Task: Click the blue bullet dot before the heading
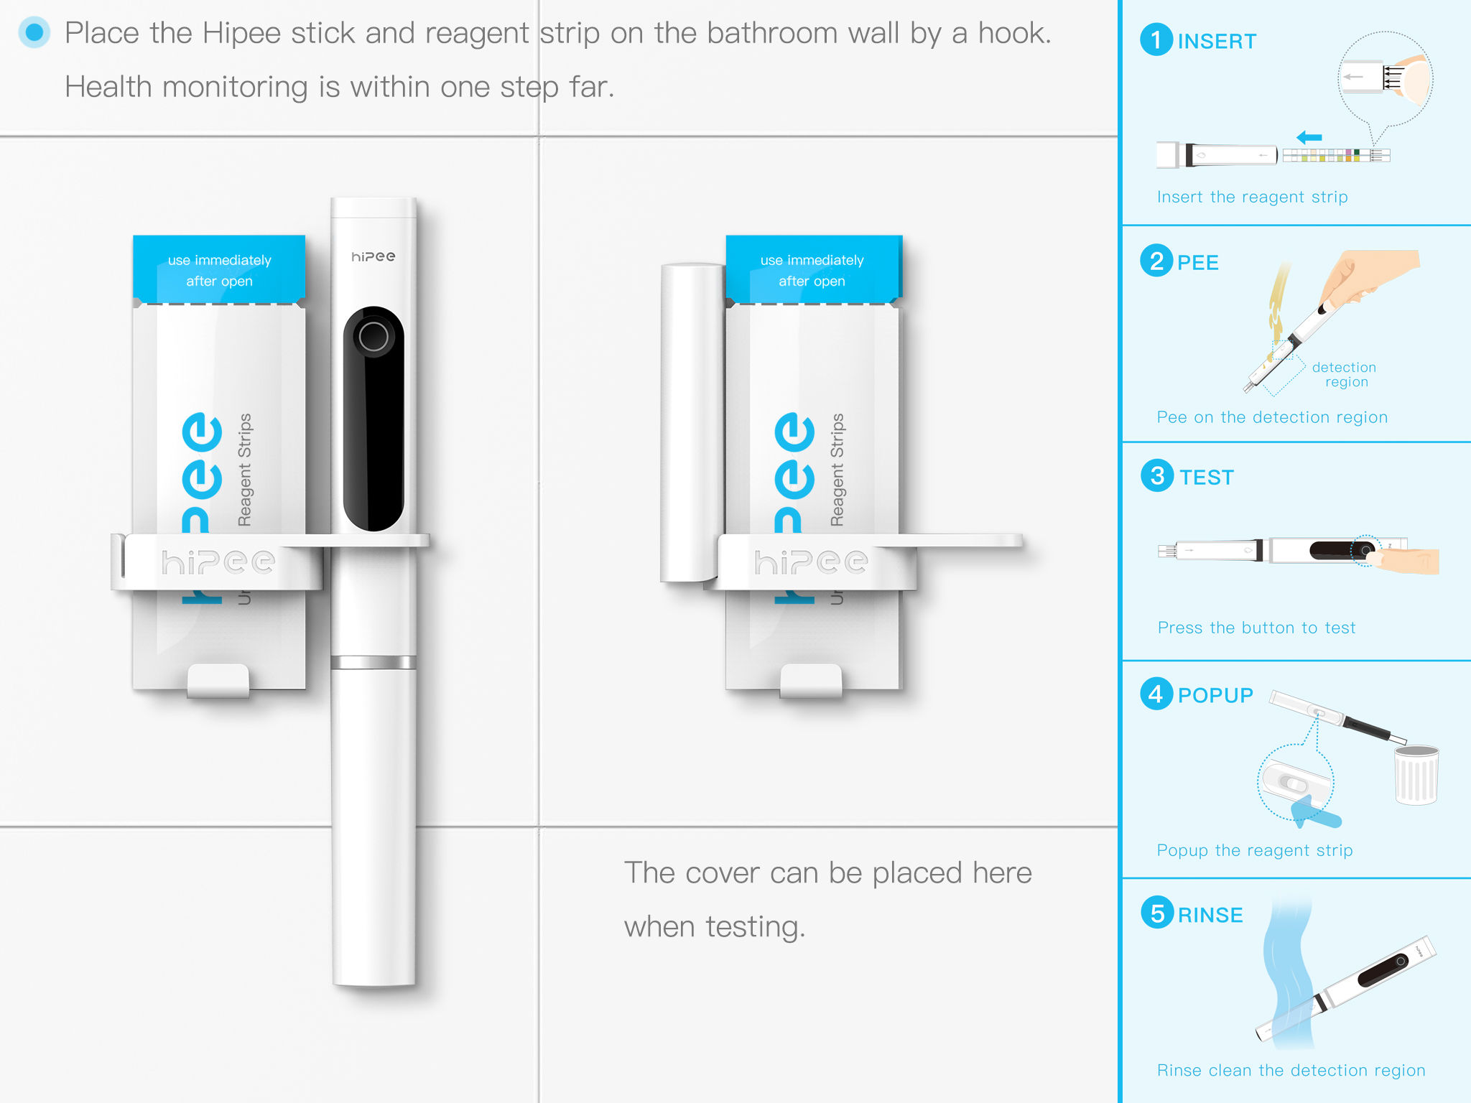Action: click(x=34, y=32)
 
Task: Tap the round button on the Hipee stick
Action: click(x=373, y=336)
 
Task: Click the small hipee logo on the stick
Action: click(x=373, y=256)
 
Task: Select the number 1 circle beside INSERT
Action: click(x=1156, y=39)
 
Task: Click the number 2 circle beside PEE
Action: click(x=1156, y=261)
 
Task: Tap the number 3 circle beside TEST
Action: click(x=1157, y=475)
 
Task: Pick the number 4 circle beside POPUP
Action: click(x=1156, y=694)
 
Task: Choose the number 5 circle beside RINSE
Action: click(x=1157, y=913)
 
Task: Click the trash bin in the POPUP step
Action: click(x=1416, y=775)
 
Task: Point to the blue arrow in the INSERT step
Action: click(x=1309, y=137)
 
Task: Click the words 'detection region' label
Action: click(x=1344, y=374)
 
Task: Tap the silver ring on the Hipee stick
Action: click(x=373, y=662)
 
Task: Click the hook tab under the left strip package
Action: click(x=218, y=681)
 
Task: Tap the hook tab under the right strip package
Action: click(x=811, y=681)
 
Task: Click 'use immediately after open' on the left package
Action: click(x=220, y=271)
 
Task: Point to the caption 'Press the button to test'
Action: click(x=1256, y=628)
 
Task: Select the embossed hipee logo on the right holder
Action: click(x=811, y=562)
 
